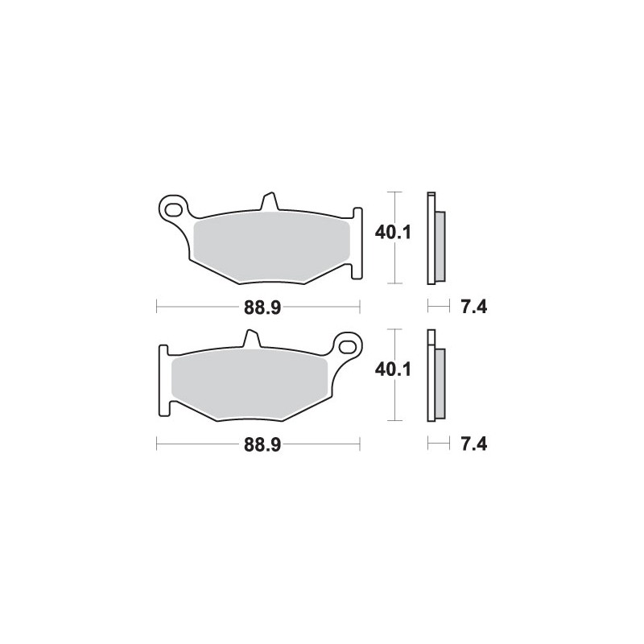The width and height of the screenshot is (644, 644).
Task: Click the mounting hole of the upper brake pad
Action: [171, 208]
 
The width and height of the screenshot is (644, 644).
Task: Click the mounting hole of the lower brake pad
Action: [349, 347]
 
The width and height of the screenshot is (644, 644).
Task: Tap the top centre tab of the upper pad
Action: [269, 201]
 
